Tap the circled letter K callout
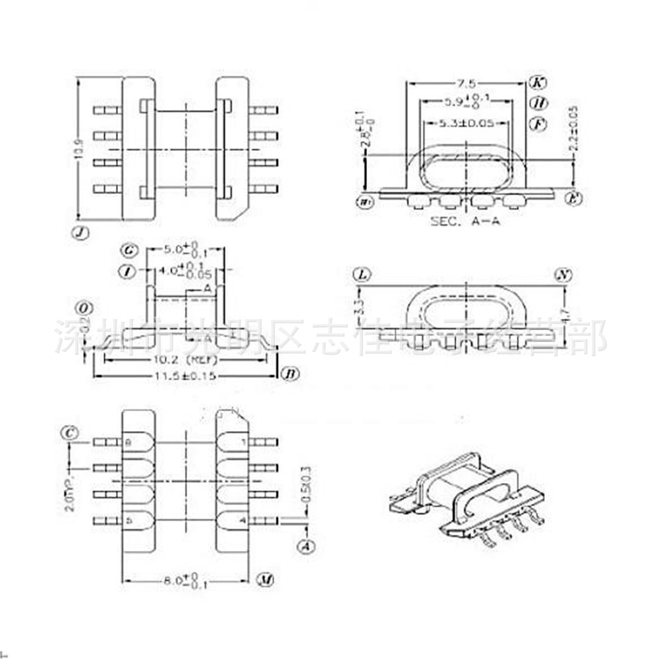(538, 83)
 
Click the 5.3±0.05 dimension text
(467, 123)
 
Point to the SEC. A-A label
(465, 221)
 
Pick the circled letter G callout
(129, 250)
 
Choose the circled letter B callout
(289, 374)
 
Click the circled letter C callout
(69, 433)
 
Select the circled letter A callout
(306, 546)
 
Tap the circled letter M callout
(264, 581)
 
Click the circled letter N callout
(562, 275)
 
